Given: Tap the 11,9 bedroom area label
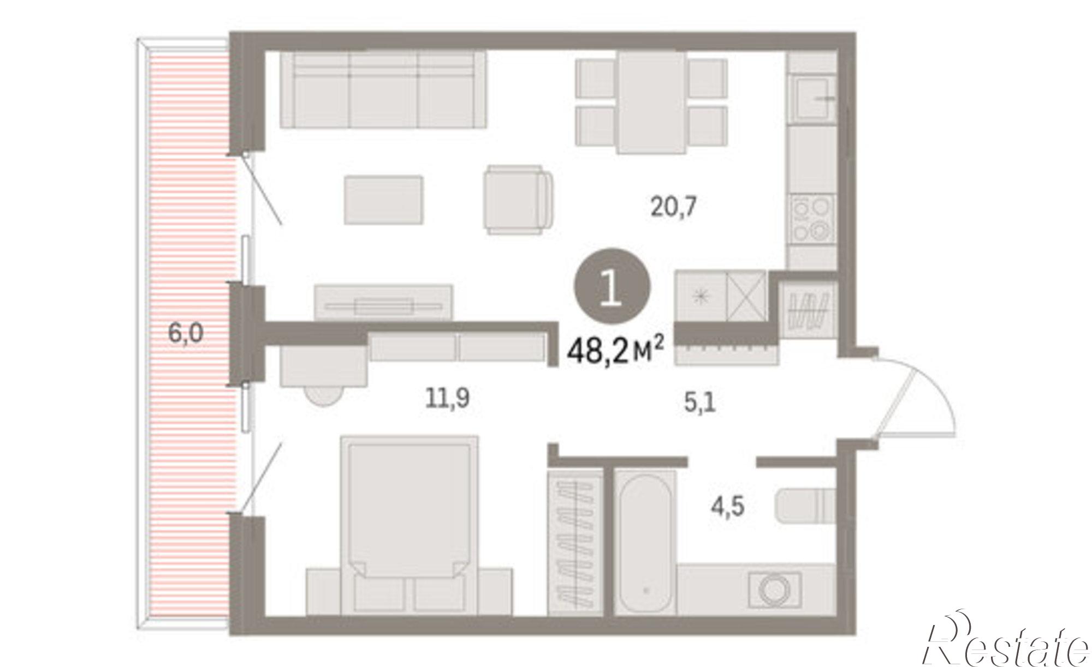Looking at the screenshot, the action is [447, 398].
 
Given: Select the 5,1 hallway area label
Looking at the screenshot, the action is [700, 404].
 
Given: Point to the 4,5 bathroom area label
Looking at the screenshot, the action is [727, 507].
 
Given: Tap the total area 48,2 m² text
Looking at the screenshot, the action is [615, 351].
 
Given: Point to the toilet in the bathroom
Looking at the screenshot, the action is [805, 506].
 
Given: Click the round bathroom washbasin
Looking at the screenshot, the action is [775, 589].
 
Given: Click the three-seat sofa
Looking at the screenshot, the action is [383, 89].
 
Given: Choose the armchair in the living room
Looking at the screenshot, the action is [519, 200].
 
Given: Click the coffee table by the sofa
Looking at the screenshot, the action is [384, 200].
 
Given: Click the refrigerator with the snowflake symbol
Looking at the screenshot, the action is [700, 297].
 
